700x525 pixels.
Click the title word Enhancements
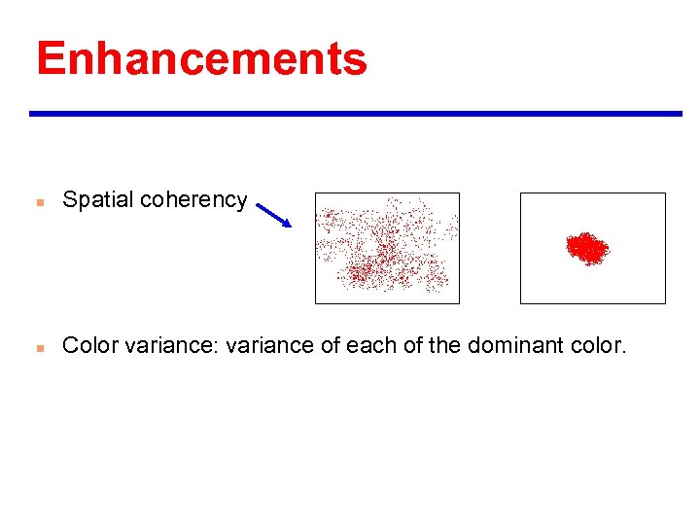[x=201, y=58]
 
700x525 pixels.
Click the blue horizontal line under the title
[x=356, y=114]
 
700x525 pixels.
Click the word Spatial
[x=98, y=200]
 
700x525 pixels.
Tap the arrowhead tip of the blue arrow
[x=289, y=226]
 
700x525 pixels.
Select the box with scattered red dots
[x=387, y=248]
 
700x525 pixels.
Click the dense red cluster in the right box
[x=586, y=248]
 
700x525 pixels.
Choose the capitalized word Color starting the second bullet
[x=88, y=345]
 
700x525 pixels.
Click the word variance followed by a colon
[x=171, y=345]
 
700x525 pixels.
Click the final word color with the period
[x=596, y=345]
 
